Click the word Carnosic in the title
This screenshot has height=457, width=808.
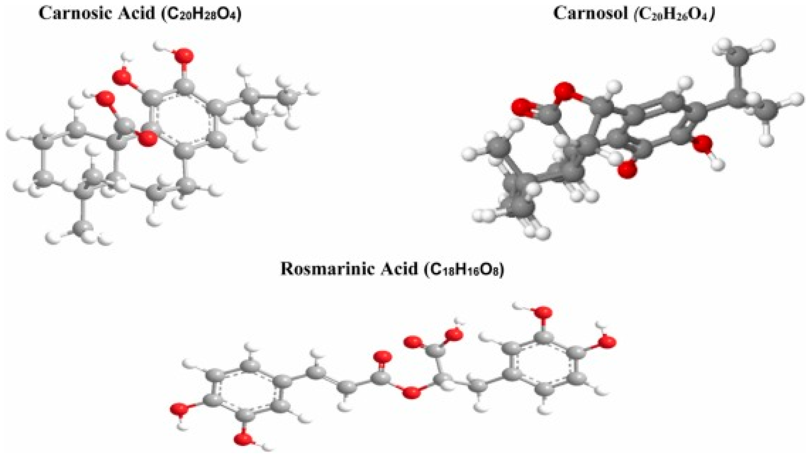coord(75,14)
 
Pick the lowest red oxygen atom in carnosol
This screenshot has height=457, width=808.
coord(628,170)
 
